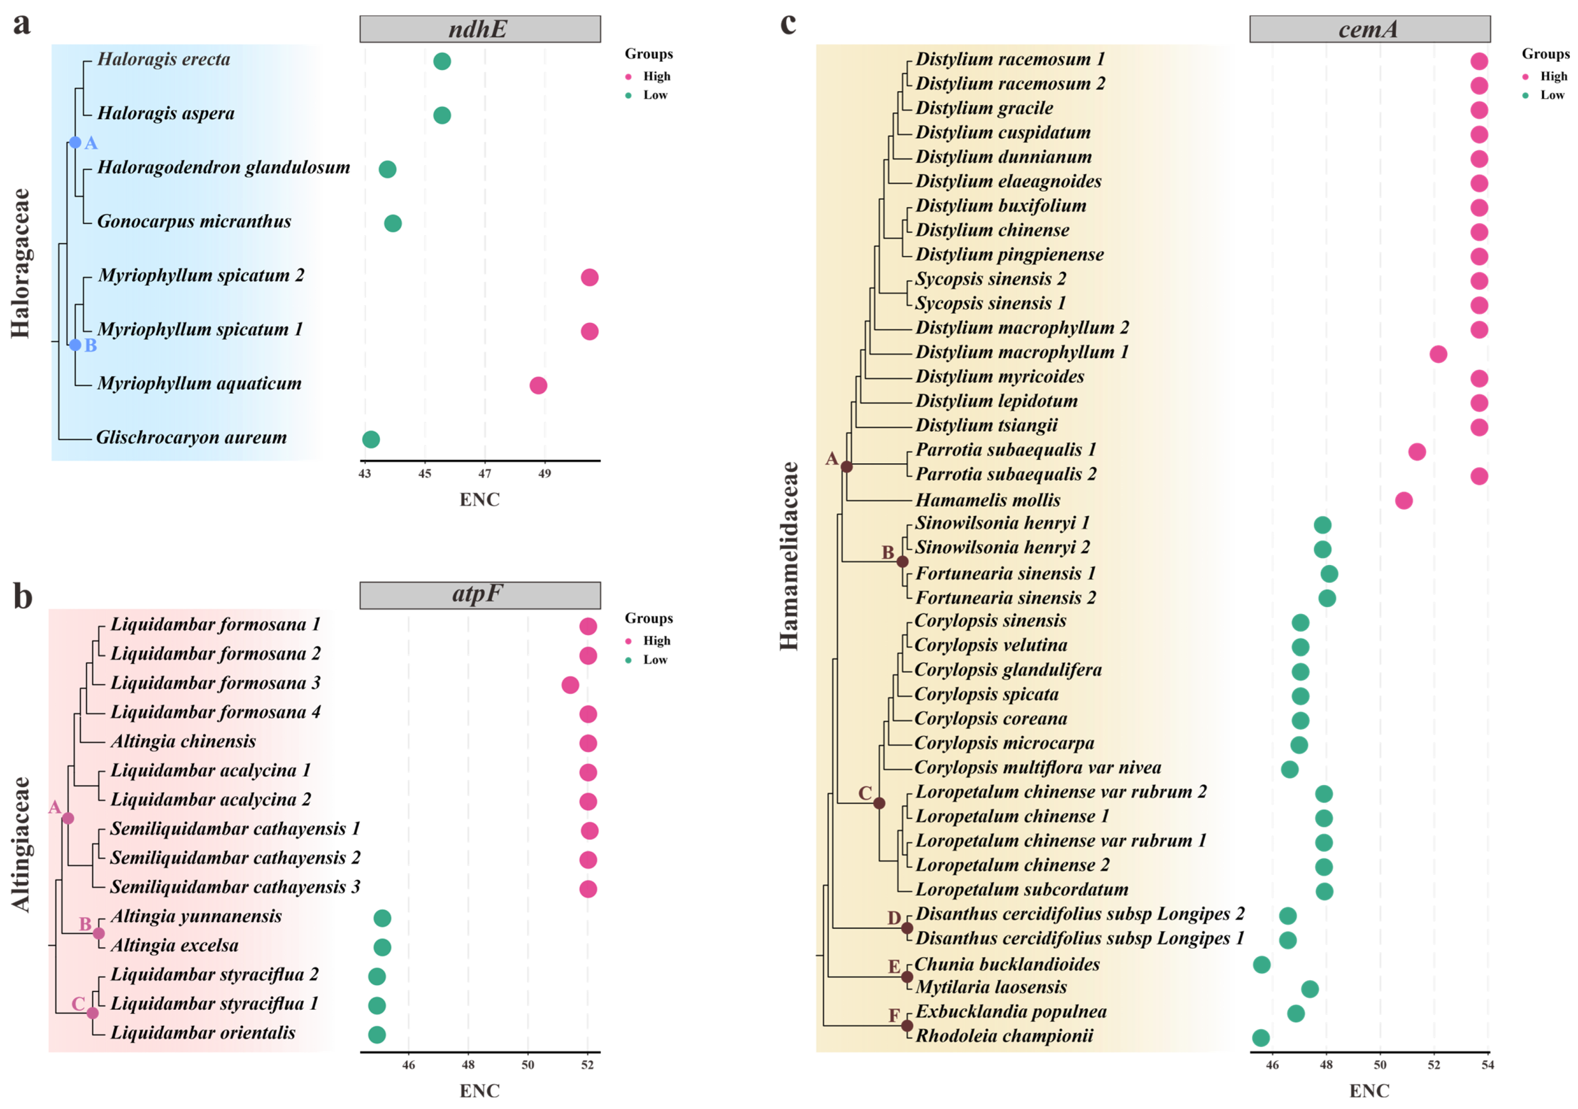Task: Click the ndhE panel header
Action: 480,29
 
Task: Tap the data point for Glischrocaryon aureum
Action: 370,439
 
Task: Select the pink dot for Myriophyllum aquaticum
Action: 538,385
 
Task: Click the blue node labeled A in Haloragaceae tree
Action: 75,143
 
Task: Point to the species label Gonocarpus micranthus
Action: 194,222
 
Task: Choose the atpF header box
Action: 480,595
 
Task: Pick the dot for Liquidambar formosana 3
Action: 570,685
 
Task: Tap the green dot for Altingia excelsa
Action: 382,948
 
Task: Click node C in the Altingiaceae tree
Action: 93,1013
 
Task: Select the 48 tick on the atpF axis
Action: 468,1064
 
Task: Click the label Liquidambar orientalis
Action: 203,1033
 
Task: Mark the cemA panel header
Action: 1369,29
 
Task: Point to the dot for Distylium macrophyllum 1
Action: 1438,354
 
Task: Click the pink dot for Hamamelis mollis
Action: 1404,500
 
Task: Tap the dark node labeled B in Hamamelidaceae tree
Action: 903,562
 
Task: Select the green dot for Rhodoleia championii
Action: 1260,1037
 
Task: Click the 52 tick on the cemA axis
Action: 1434,1064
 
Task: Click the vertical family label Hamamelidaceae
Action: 790,556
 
